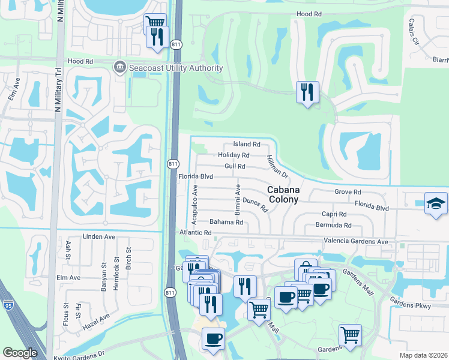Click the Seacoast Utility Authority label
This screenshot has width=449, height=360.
[x=176, y=68]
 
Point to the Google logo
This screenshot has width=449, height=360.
[x=20, y=352]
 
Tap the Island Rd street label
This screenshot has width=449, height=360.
[x=247, y=145]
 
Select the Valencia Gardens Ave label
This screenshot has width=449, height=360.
[x=357, y=241]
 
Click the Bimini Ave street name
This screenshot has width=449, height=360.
[x=238, y=200]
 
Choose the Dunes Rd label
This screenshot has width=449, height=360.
[x=255, y=204]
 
